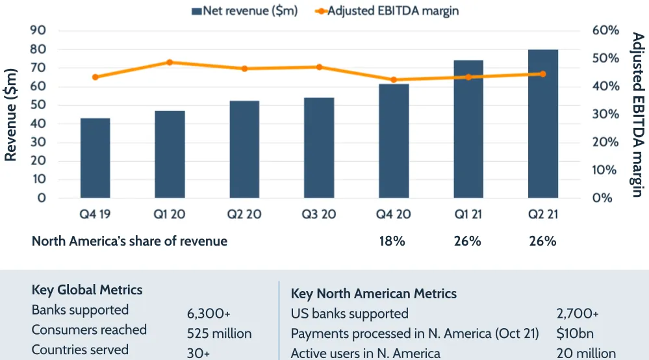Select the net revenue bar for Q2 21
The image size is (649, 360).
click(x=543, y=123)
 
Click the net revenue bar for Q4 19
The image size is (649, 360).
click(x=95, y=158)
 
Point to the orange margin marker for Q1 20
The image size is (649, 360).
click(x=170, y=62)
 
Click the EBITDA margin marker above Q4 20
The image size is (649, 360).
click(x=394, y=80)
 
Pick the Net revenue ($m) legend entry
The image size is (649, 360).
click(x=244, y=10)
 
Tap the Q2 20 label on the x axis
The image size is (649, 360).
click(x=244, y=214)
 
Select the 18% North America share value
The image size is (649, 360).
click(x=392, y=241)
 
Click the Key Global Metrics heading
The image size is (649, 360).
click(x=87, y=290)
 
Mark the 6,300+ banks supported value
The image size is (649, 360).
click(x=209, y=314)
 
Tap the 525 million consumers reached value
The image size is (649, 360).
click(x=219, y=334)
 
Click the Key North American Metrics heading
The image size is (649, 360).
click(x=374, y=294)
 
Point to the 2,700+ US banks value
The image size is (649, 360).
click(x=578, y=314)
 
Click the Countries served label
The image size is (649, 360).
click(x=80, y=350)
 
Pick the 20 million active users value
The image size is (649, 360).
click(x=586, y=354)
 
